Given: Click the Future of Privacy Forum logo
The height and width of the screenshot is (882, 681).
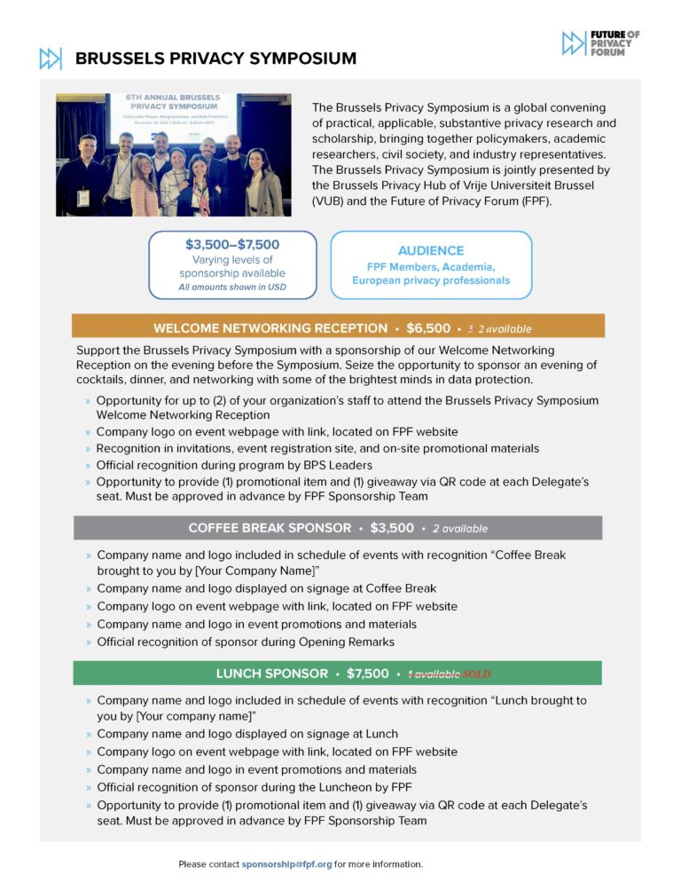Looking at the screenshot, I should click(x=599, y=43).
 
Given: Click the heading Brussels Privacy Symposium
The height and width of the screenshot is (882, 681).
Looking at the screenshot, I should click(x=215, y=59).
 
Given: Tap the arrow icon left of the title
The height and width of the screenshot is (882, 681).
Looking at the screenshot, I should click(x=51, y=59).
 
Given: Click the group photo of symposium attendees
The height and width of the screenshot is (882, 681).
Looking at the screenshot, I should click(x=174, y=154).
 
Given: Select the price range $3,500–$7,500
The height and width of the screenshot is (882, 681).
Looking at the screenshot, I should click(x=232, y=244).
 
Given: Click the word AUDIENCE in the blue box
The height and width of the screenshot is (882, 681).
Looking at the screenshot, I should click(x=431, y=250).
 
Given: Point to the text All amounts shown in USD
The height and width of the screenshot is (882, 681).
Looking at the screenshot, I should click(x=232, y=287).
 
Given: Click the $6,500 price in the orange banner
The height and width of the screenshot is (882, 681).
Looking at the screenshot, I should click(x=428, y=328).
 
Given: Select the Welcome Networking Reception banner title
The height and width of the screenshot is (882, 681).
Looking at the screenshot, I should click(x=270, y=328).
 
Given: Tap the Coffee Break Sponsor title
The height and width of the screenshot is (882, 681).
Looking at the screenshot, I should click(x=270, y=528).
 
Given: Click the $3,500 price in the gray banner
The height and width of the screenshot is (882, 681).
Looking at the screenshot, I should click(x=392, y=528).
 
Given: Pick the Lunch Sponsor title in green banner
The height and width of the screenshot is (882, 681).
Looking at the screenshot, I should click(x=271, y=673).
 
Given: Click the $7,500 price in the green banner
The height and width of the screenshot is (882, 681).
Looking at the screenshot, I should click(x=367, y=673).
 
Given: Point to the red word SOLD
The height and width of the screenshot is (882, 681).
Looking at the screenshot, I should click(x=476, y=674).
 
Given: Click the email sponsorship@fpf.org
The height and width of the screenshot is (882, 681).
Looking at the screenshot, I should click(x=286, y=863).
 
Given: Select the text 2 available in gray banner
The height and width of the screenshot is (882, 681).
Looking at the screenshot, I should click(x=460, y=529).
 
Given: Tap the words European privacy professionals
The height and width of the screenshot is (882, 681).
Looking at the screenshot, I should click(x=431, y=280).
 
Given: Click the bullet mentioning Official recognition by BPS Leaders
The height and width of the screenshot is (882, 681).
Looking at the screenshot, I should click(x=234, y=465).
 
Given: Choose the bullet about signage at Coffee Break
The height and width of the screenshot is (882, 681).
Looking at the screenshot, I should click(x=266, y=588).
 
